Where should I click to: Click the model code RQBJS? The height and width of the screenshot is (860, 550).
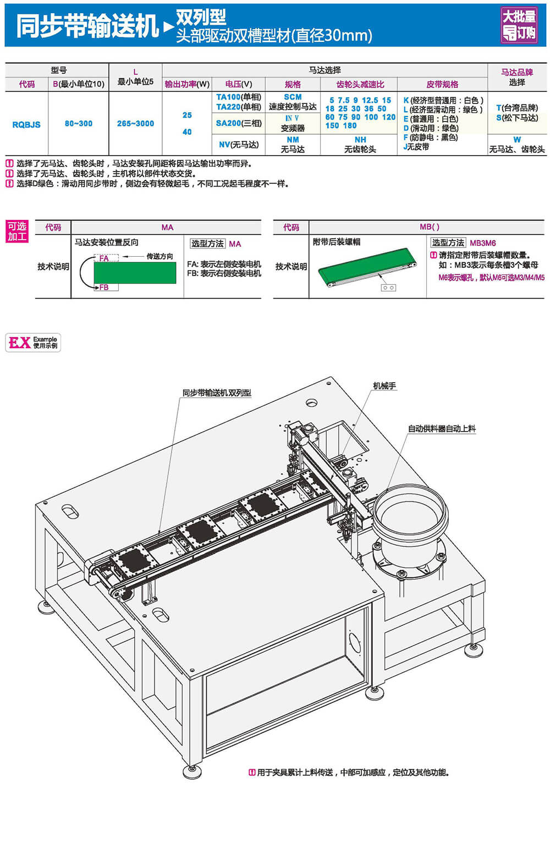coord(26,125)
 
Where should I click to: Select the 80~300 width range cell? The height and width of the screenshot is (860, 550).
coord(78,124)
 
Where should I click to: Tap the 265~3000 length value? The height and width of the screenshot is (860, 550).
coord(135,124)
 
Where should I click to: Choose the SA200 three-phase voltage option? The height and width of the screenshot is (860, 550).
coord(229,123)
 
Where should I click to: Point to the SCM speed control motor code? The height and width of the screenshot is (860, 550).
coord(293,97)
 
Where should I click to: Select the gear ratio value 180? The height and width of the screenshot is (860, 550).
coord(350,125)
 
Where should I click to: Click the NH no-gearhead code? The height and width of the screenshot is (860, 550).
coord(360,140)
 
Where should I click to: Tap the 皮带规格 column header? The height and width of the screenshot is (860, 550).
coord(442,84)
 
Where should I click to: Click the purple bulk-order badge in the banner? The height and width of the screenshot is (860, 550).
coord(518,25)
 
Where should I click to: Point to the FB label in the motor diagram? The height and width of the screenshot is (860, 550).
coord(104,288)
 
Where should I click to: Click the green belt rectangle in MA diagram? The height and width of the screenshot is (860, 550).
coord(135,273)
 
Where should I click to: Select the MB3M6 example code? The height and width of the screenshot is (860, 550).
coord(482,243)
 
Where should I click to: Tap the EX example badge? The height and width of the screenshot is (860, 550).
coord(33,343)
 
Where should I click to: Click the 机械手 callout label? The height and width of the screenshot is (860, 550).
coord(384,386)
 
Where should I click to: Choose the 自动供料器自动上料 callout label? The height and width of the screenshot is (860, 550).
coord(442,428)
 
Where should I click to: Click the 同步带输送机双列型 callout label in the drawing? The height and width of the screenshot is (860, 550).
coord(217,393)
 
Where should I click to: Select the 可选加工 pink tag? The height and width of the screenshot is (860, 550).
coord(17,231)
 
